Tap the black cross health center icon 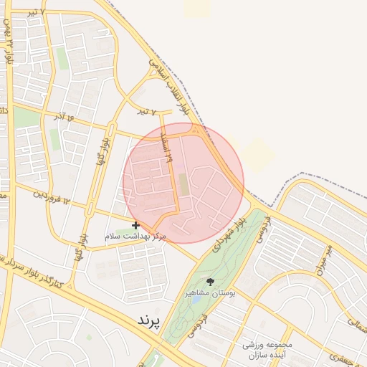pyautogui.click(x=136, y=225)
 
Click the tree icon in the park pyautogui.click(x=210, y=281)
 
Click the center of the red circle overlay pyautogui.click(x=183, y=183)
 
